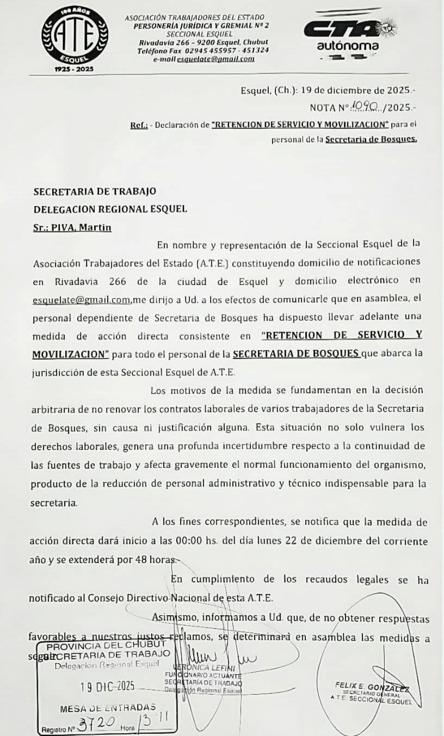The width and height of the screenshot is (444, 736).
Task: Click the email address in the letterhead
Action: [223, 59]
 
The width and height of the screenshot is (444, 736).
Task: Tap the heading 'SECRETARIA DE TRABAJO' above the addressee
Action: [95, 191]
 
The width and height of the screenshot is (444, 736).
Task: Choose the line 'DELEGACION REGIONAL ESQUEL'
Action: [110, 209]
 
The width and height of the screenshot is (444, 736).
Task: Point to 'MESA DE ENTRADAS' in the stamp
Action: [108, 708]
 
